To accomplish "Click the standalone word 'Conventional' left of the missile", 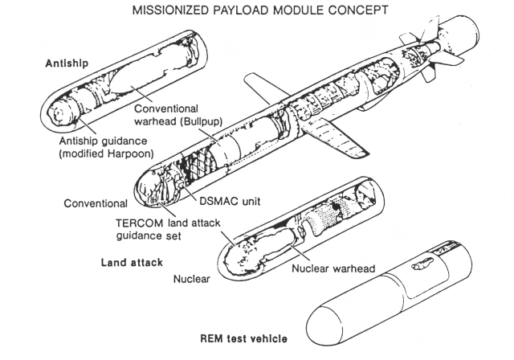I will [x=98, y=202].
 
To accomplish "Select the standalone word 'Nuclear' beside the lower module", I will [x=194, y=280].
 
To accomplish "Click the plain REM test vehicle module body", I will [x=385, y=301].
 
